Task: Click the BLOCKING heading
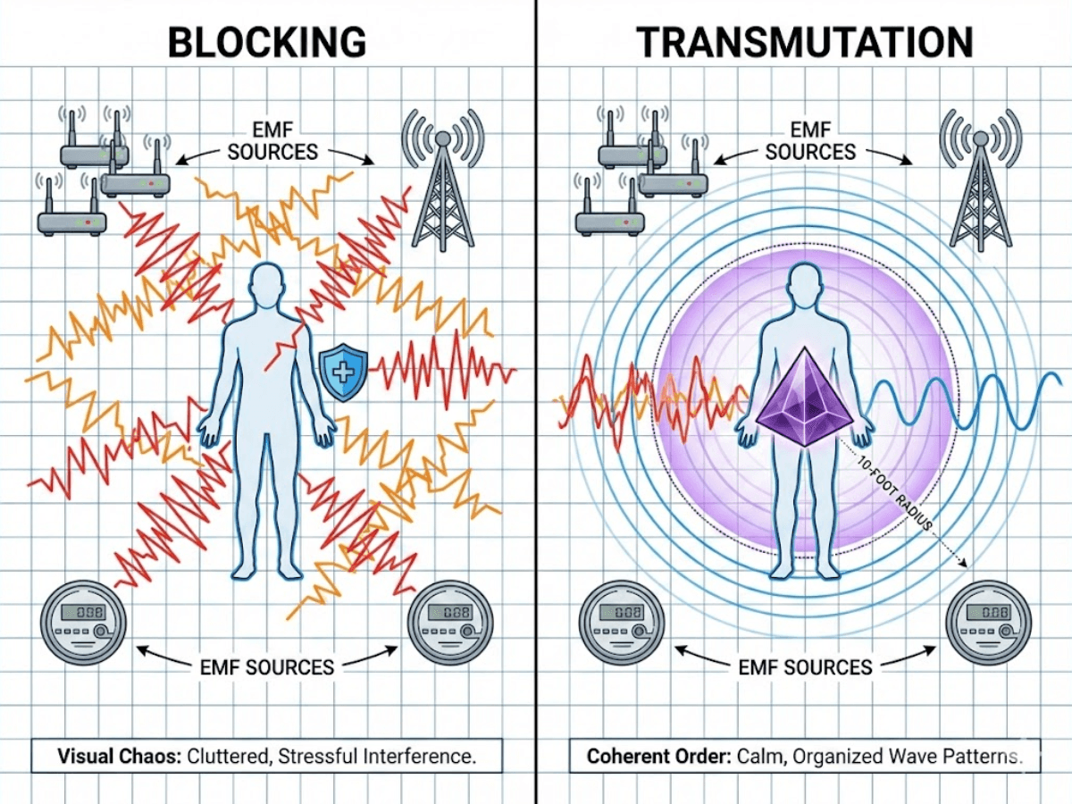[267, 42]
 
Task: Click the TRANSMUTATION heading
[805, 42]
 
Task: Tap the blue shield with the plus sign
[343, 372]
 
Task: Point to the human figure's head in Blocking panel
[267, 286]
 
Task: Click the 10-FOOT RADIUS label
[895, 494]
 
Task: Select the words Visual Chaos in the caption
[120, 756]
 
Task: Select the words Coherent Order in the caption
[658, 756]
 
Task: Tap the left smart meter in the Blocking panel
[83, 623]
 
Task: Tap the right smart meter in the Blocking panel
[450, 623]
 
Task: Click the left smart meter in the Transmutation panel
[622, 623]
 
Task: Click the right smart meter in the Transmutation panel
[989, 623]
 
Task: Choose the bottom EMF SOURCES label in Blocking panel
[267, 667]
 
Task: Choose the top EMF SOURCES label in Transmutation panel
[811, 141]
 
